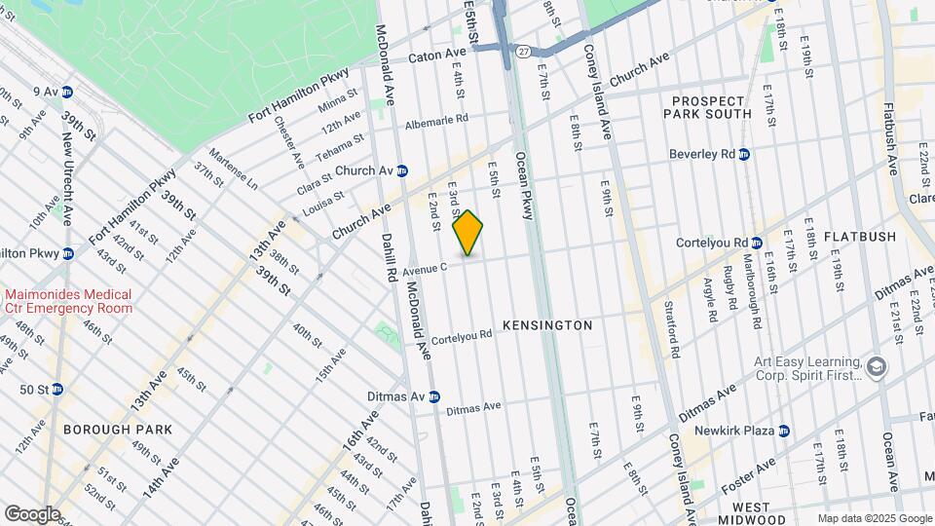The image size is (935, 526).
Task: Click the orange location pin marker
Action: (468, 233)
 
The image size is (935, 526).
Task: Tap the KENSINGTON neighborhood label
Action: (547, 324)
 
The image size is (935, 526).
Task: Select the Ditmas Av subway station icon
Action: (434, 396)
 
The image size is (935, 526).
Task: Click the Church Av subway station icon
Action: (401, 170)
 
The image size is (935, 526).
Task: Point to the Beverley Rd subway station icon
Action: (744, 154)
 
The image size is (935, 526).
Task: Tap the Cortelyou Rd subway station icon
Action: (755, 243)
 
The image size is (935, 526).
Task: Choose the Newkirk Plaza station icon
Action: (783, 431)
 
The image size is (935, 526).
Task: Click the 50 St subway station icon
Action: (56, 390)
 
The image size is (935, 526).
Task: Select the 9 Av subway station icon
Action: (67, 93)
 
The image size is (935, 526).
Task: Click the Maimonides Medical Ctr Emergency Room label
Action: (68, 301)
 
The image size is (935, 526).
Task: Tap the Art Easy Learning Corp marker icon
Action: (877, 367)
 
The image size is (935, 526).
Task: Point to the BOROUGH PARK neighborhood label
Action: (118, 430)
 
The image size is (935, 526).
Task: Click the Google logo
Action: (32, 513)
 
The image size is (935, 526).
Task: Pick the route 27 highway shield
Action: (524, 52)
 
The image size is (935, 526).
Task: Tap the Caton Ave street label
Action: (437, 56)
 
